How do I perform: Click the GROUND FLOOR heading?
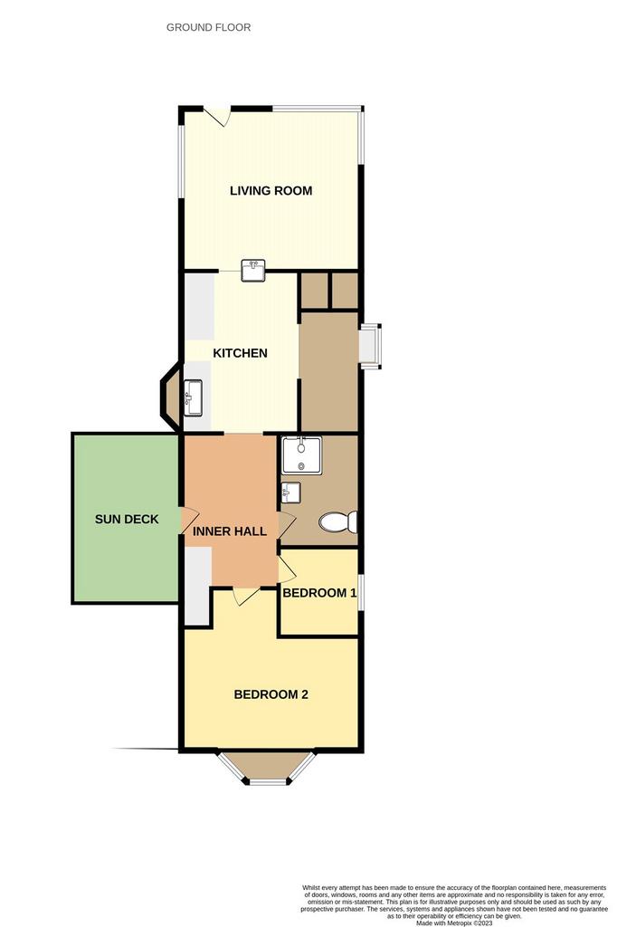(x=208, y=27)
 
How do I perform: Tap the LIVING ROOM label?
(x=271, y=190)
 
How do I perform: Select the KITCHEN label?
(x=240, y=353)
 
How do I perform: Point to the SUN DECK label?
(x=127, y=519)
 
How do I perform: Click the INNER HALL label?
(x=229, y=531)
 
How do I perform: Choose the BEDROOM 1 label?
(x=319, y=593)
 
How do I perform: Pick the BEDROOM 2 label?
(x=271, y=694)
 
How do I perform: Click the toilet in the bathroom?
(x=337, y=522)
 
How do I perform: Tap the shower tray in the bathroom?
(x=301, y=455)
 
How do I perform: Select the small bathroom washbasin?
(x=290, y=492)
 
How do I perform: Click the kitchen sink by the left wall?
(x=194, y=397)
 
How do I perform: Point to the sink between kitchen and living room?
(x=253, y=270)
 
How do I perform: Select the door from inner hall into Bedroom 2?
(x=246, y=596)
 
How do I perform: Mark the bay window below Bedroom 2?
(x=268, y=768)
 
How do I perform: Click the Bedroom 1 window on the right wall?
(x=361, y=591)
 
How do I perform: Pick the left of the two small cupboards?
(x=314, y=291)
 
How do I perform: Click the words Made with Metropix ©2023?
(x=454, y=922)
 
